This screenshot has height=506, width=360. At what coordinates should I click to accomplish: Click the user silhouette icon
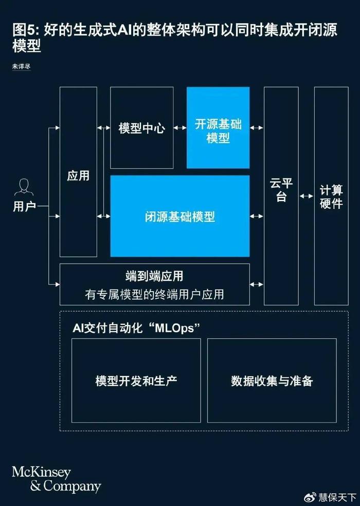(x=24, y=187)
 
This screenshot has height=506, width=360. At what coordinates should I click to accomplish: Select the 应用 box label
(x=78, y=176)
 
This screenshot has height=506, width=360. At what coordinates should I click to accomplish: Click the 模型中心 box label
(x=142, y=128)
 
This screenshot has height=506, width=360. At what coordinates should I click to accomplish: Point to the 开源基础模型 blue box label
(x=218, y=131)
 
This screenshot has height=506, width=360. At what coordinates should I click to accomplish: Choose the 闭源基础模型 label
(x=180, y=216)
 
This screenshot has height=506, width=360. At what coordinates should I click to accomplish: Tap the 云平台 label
(x=281, y=189)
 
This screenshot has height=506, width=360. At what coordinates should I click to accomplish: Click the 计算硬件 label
(x=331, y=196)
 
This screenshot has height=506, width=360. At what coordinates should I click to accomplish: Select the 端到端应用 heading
(x=154, y=276)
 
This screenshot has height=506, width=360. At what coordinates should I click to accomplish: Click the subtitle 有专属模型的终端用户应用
(x=154, y=294)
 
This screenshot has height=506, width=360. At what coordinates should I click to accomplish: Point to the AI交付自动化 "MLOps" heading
(x=136, y=328)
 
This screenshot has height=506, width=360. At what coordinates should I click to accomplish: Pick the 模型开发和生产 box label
(x=136, y=381)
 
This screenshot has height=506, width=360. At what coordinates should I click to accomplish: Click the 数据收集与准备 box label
(x=272, y=381)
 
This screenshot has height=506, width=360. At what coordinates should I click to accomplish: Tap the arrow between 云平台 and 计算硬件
(x=307, y=196)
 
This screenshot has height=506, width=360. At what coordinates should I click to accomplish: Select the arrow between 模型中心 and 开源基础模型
(x=180, y=128)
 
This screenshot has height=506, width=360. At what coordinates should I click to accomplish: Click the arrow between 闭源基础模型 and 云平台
(x=257, y=216)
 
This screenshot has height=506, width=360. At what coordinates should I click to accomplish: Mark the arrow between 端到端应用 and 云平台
(x=257, y=284)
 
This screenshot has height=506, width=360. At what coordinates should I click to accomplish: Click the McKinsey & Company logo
(x=57, y=480)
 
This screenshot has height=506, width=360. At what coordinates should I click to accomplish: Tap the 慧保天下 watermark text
(x=337, y=497)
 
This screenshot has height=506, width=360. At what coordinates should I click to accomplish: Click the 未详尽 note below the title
(x=21, y=66)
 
